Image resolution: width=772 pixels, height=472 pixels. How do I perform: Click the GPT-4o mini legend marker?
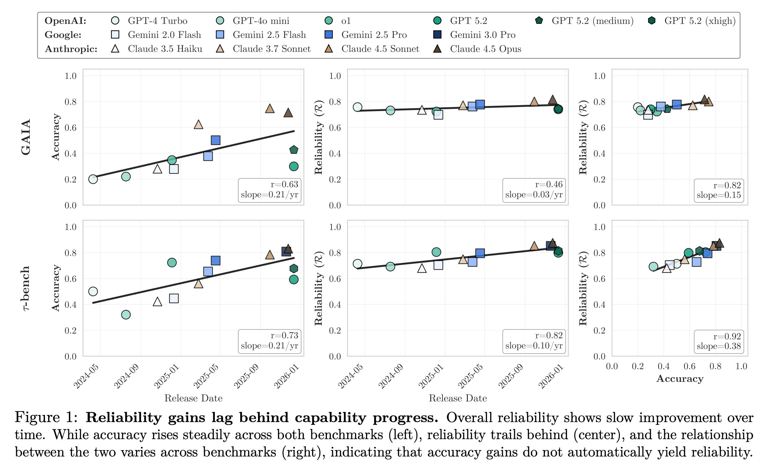tap(220, 21)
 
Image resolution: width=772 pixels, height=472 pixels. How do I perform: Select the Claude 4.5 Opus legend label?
tap(485, 49)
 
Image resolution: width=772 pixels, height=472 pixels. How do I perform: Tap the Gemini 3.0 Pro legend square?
tap(437, 35)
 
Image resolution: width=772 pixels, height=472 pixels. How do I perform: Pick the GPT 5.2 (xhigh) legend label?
tap(700, 21)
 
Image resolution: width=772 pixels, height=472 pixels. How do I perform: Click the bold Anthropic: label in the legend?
tap(71, 49)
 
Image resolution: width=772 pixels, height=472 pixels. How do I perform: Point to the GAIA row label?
tap(26, 137)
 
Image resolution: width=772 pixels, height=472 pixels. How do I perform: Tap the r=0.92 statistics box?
tap(718, 341)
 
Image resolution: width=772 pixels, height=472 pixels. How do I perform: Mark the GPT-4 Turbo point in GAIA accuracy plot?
tap(93, 179)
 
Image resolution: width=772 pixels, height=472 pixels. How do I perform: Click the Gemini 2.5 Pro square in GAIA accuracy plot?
tap(215, 140)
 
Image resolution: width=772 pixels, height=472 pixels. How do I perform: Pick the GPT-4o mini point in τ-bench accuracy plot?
tap(126, 315)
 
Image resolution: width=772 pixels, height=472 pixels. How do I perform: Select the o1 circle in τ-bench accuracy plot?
tap(172, 262)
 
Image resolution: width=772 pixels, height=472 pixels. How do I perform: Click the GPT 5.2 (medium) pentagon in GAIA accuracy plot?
tap(294, 150)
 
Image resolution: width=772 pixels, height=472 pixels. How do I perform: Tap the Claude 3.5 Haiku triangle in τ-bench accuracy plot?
tap(157, 302)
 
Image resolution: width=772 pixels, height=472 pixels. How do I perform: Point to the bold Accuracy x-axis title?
tap(680, 379)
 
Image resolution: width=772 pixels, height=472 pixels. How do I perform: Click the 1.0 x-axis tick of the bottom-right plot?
tap(741, 366)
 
